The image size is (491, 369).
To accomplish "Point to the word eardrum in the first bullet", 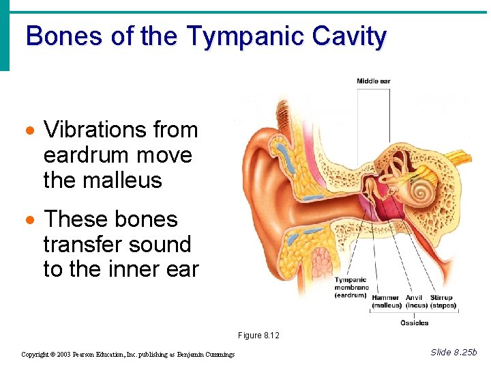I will (86, 155).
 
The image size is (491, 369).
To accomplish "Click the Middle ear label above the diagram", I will (373, 81).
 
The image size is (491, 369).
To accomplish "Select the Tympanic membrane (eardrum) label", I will (351, 287).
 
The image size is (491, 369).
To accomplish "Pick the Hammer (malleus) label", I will (387, 301).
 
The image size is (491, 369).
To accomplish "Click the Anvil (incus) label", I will (416, 301).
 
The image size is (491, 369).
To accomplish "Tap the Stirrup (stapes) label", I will (442, 301).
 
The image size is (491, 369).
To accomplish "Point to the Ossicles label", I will (414, 323).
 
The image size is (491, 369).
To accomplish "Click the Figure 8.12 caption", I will (258, 335).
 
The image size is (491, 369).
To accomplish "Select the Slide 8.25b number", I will (454, 352).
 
